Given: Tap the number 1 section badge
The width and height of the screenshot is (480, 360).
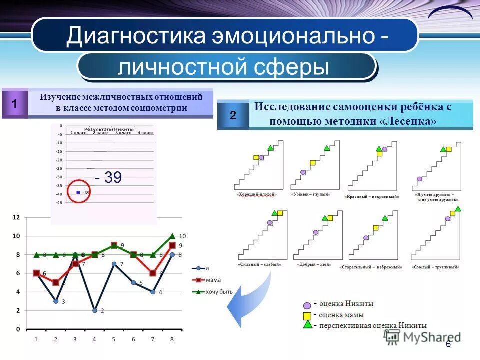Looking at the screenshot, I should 15,104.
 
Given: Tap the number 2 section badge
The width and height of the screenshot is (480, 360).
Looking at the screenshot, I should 233,115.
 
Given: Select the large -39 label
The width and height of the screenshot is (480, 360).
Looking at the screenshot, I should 108,177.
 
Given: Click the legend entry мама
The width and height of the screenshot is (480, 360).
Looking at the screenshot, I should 213,280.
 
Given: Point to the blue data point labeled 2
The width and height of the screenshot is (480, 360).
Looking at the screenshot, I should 94,310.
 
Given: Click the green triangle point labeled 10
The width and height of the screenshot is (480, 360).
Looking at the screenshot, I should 172,236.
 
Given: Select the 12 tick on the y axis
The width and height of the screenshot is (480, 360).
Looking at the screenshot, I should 16,217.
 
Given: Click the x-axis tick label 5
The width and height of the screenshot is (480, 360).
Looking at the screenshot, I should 114,339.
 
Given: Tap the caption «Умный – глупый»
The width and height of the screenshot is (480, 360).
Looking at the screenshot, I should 310,194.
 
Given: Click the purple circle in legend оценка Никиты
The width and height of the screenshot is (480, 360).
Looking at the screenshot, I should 307,304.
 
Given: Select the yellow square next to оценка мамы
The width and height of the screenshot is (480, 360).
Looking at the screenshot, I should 307,315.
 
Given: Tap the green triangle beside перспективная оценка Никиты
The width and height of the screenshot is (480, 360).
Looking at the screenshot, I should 307,325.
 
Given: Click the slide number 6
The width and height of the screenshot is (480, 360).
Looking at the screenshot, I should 448,344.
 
